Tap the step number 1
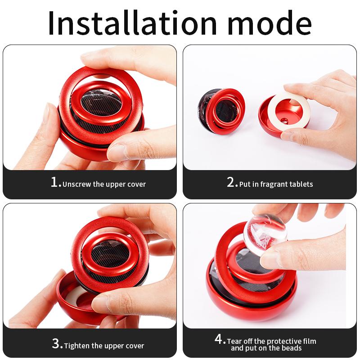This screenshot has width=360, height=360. [55, 182]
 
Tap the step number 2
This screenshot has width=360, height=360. [231, 182]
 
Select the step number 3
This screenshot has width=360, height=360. [57, 344]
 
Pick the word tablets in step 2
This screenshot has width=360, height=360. [301, 184]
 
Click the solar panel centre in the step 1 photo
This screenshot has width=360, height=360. [98, 104]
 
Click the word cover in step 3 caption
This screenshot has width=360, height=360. [134, 346]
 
